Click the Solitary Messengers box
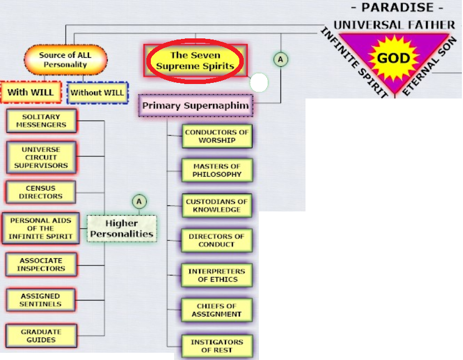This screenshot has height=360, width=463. tap(41, 121)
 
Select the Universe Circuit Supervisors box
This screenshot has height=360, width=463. tap(41, 157)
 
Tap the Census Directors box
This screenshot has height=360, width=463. tap(41, 193)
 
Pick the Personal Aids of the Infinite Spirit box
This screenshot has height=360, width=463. tap(41, 228)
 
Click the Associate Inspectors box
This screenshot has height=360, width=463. tap(41, 265)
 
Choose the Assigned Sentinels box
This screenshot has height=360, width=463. tap(41, 300)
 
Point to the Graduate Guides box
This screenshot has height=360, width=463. tap(41, 336)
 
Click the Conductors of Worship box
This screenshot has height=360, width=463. tap(217, 136)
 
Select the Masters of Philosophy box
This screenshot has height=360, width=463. tap(217, 170)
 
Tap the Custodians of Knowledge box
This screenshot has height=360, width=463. tap(217, 205)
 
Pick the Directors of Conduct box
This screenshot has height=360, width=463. tap(216, 240)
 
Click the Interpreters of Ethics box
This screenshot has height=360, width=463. tap(217, 275)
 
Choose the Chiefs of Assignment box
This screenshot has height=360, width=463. tap(216, 310)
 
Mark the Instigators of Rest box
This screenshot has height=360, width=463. tap(217, 346)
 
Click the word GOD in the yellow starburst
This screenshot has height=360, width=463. tap(393, 58)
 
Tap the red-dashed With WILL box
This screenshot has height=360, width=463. tap(31, 92)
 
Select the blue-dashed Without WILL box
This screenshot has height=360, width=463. tap(97, 93)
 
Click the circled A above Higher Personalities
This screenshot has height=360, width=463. tap(139, 202)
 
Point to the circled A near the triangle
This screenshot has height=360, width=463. tap(280, 60)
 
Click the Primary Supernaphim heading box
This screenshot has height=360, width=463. tap(195, 105)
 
